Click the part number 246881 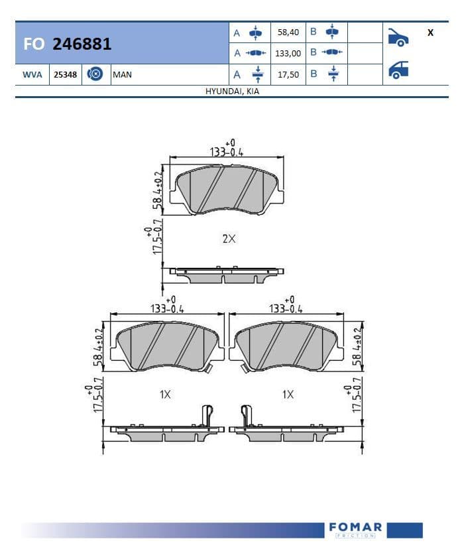pyautogui.click(x=82, y=44)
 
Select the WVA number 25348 pyautogui.click(x=65, y=75)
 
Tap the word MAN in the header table pyautogui.click(x=123, y=75)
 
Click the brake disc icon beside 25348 pyautogui.click(x=95, y=74)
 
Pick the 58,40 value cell pyautogui.click(x=288, y=32)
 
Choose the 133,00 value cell pyautogui.click(x=288, y=54)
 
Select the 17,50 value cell pyautogui.click(x=288, y=75)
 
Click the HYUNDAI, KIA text pyautogui.click(x=232, y=91)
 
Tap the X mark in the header pyautogui.click(x=430, y=32)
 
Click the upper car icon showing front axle pyautogui.click(x=398, y=37)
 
